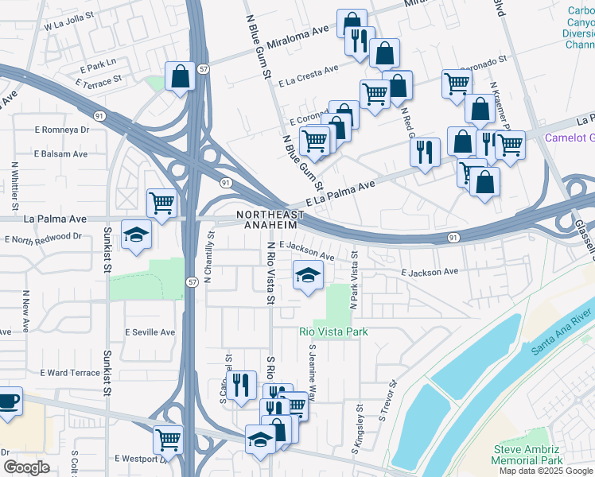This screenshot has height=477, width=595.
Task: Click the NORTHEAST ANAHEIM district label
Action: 270,220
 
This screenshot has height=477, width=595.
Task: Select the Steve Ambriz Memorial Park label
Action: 527,455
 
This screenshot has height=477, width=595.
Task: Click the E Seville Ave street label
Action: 150,332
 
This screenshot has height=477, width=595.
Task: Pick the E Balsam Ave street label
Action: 60,153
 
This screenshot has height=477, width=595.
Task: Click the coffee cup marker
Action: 8,400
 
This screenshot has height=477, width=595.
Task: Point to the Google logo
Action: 26,467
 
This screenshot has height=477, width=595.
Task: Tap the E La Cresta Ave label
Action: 309,72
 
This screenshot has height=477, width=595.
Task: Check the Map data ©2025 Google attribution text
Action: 546,471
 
